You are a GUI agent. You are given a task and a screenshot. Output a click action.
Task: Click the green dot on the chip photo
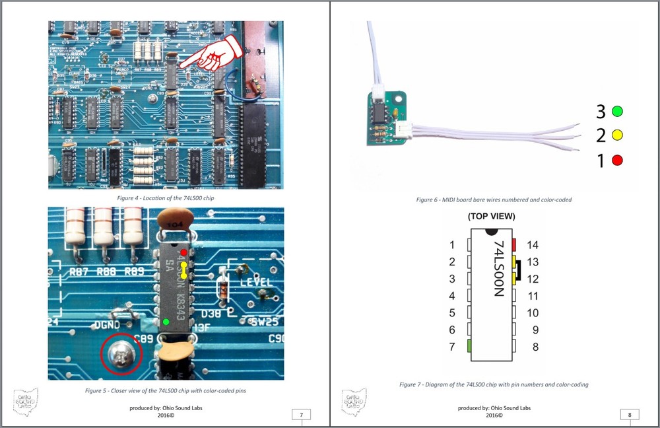166,322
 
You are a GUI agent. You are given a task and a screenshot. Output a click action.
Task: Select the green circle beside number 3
618,111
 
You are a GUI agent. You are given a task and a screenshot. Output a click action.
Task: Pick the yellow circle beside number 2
618,135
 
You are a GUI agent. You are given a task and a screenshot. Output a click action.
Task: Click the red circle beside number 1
618,160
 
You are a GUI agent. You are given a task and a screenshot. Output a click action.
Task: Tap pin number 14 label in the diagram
533,245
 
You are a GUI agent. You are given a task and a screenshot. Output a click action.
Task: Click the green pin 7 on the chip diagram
469,345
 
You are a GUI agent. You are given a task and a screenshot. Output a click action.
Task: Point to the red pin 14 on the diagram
513,245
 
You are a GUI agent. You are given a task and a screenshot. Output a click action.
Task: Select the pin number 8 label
533,346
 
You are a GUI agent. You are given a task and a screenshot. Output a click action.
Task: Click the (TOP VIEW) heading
491,216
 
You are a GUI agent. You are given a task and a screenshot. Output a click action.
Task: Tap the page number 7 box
301,415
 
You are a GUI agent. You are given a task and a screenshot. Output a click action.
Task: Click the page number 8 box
630,415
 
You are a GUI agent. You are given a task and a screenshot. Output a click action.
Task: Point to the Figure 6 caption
494,199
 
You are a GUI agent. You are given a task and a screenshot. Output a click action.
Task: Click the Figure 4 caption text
165,198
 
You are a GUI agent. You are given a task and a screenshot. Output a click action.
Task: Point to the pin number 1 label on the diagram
452,245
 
